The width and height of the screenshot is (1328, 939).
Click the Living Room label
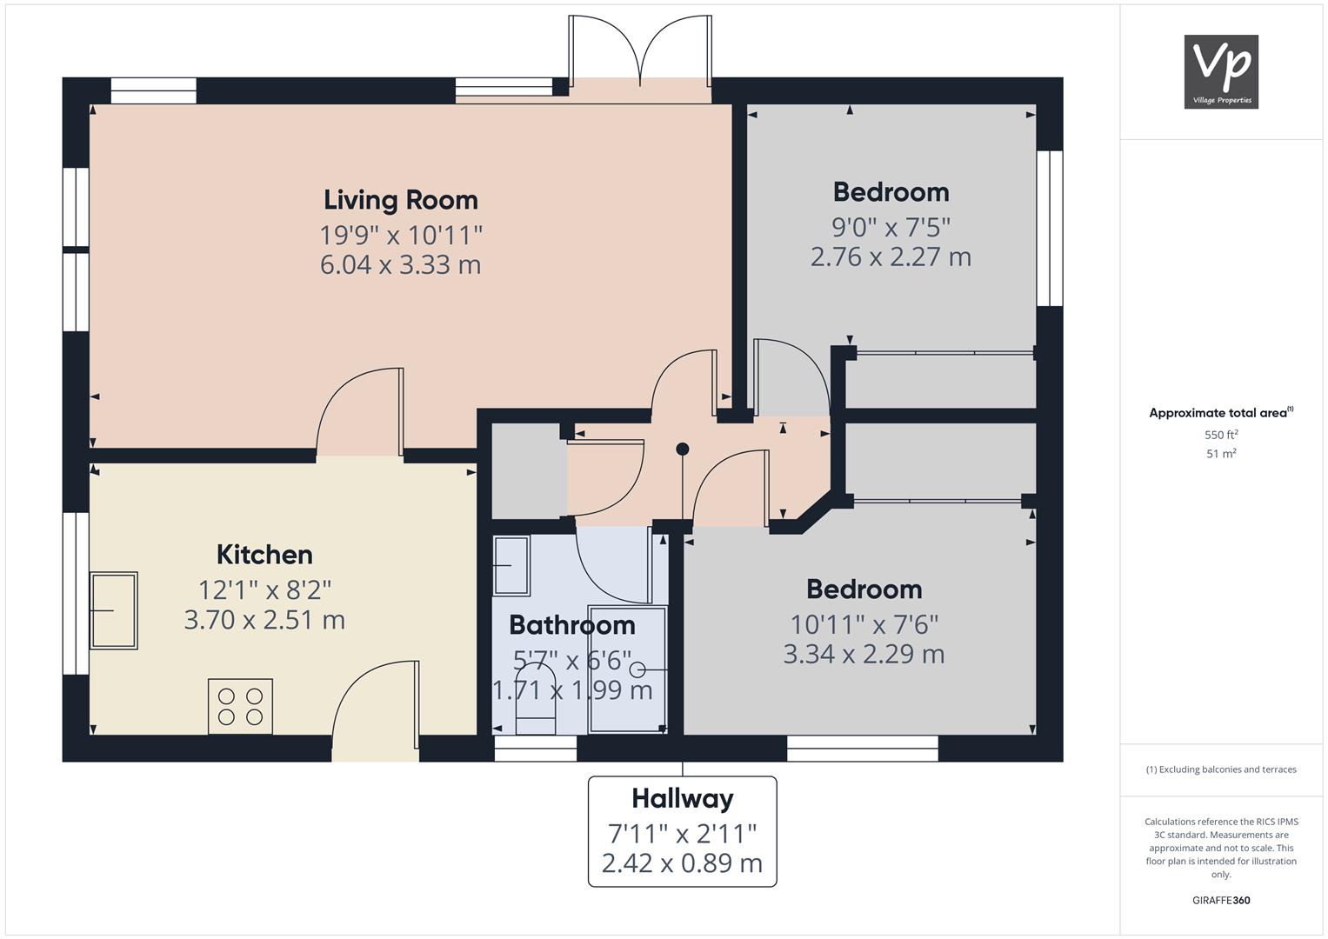tap(401, 200)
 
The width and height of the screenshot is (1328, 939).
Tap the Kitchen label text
tap(264, 555)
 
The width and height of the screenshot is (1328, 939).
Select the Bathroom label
tap(572, 625)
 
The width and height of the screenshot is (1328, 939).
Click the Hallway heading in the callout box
tap(683, 799)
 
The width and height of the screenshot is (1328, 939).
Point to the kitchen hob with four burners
tap(240, 707)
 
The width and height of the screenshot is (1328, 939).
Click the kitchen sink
tap(114, 610)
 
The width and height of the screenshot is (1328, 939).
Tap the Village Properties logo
tap(1221, 71)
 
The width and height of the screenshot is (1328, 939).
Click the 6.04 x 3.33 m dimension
tap(401, 265)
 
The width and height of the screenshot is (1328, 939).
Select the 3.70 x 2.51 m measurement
tap(264, 620)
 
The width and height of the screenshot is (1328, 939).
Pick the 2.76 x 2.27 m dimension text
tap(891, 257)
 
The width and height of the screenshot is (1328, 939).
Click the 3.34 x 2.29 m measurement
tap(864, 655)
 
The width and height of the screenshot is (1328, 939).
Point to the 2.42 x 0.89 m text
tap(683, 863)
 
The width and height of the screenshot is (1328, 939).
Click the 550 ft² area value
tap(1221, 435)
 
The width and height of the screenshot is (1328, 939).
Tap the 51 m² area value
tap(1221, 454)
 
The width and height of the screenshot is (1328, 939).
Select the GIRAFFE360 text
tap(1221, 900)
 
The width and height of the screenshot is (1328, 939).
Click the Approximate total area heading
tap(1221, 413)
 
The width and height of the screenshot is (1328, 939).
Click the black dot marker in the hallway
tap(683, 450)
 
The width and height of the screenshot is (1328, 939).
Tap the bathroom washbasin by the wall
tap(511, 565)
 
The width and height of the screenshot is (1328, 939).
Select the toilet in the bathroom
tap(536, 698)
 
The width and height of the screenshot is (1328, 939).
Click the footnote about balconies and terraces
tap(1221, 769)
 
